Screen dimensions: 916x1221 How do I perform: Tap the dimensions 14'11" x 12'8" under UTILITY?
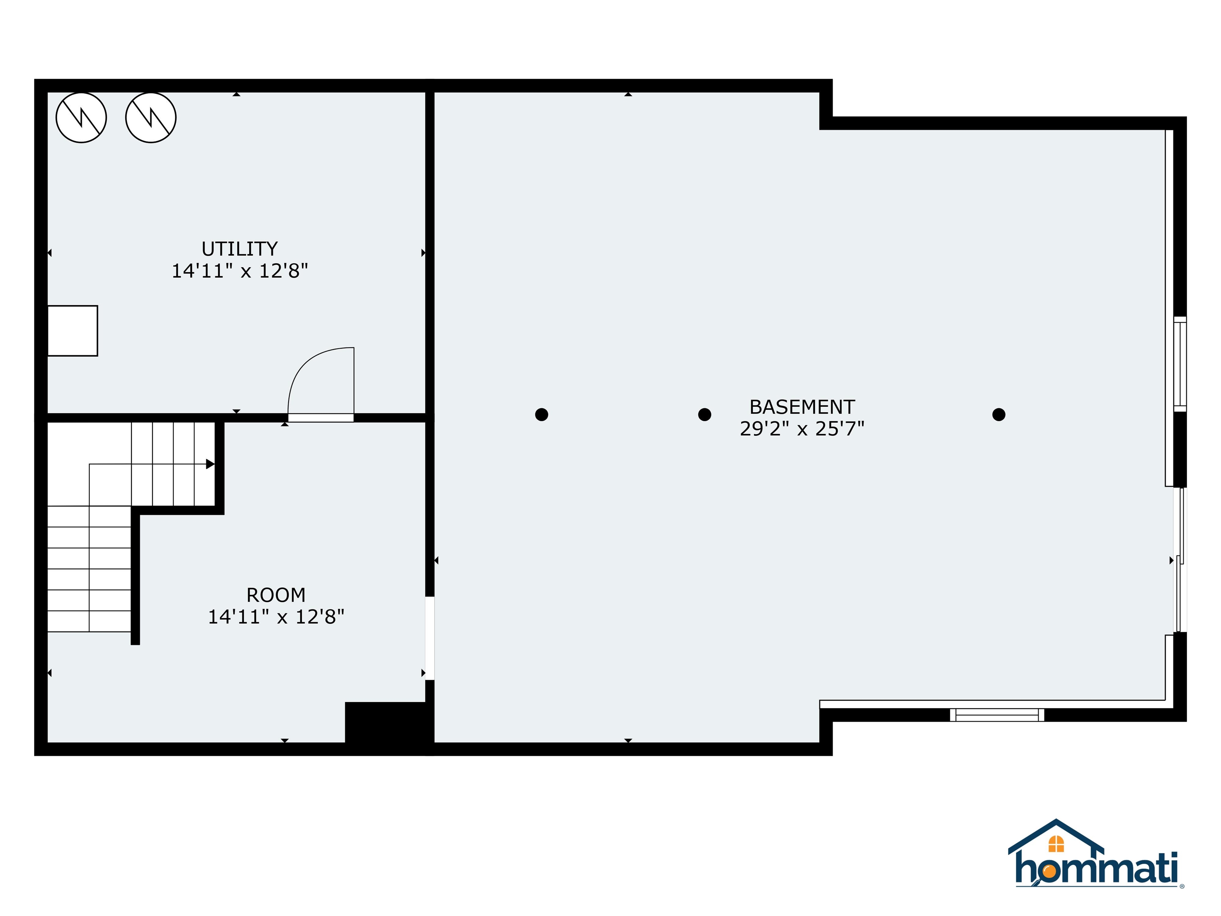(x=240, y=271)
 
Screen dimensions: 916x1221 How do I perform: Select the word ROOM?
(x=275, y=595)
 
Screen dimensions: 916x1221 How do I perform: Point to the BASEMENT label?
(x=802, y=407)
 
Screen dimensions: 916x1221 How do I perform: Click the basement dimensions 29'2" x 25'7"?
(x=802, y=429)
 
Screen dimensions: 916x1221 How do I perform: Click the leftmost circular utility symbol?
(x=81, y=118)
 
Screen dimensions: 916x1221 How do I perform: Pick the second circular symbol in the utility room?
(x=151, y=118)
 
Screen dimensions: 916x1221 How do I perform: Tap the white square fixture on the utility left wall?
(x=72, y=331)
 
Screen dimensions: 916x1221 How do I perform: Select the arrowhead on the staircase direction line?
(x=210, y=464)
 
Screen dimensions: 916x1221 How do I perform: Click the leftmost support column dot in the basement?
(x=541, y=415)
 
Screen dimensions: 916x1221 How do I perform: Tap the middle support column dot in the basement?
(x=704, y=415)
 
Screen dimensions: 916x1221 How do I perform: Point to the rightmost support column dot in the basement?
(x=998, y=415)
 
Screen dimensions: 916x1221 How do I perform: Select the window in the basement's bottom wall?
(x=997, y=715)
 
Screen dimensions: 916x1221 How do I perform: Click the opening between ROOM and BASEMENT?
(x=429, y=638)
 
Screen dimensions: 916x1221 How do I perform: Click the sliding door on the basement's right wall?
(x=1180, y=560)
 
